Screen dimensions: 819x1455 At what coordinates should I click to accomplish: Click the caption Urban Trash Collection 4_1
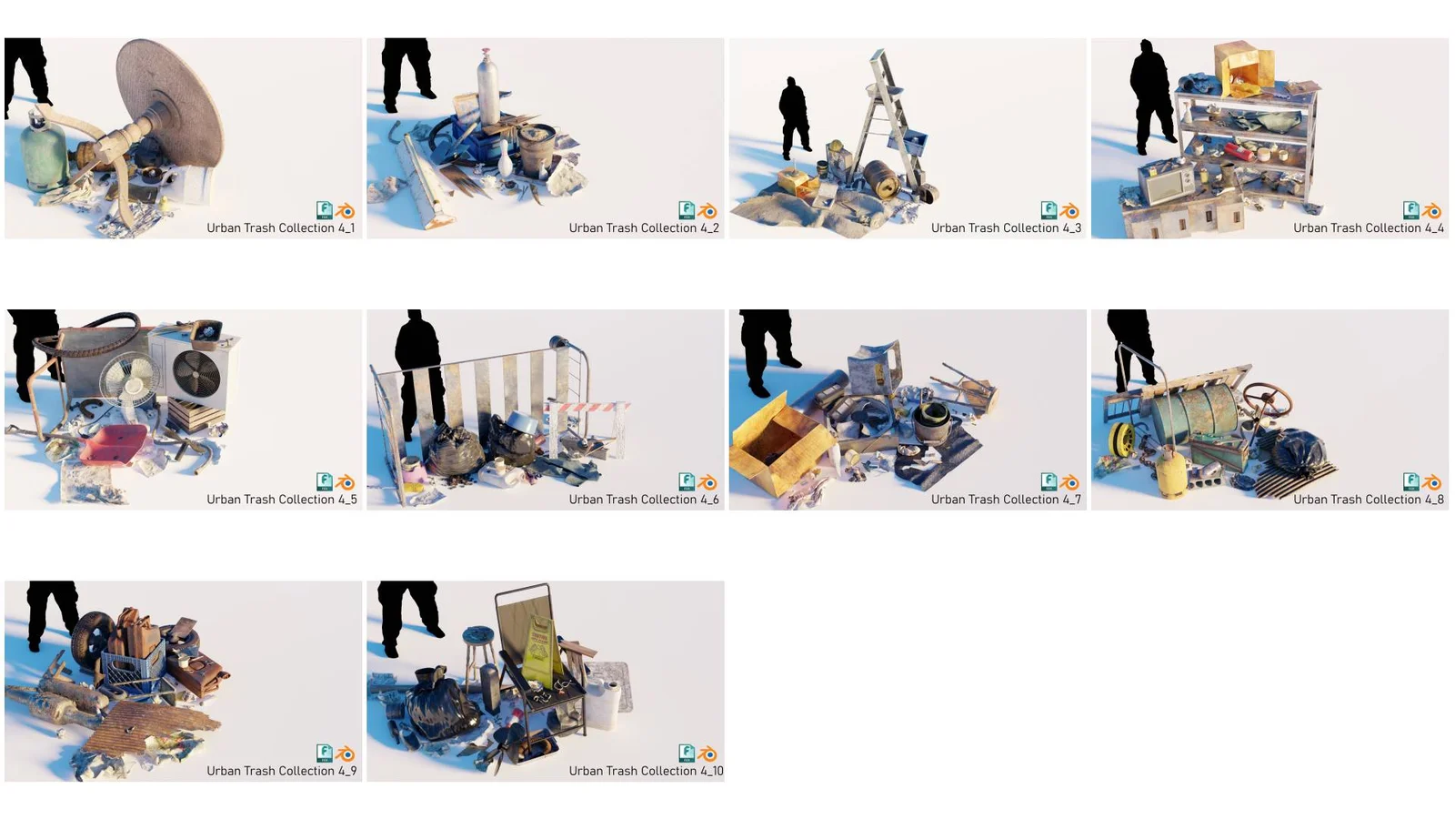280,228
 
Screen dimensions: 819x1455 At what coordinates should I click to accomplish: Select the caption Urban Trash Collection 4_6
643,500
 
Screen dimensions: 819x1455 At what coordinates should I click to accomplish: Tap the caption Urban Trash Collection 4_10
646,771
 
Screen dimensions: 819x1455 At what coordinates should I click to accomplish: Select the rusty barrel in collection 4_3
881,177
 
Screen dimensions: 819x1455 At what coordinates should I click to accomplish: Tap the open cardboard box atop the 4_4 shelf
1242,66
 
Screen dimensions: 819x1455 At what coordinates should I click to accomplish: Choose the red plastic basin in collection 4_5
113,445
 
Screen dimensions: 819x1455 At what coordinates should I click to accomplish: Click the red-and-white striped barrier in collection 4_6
587,408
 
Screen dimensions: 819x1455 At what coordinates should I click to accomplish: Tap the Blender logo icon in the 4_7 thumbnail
1069,482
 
